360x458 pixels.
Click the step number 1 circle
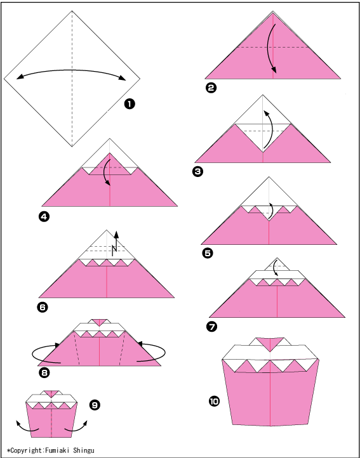click(x=130, y=104)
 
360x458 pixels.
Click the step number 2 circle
click(x=211, y=88)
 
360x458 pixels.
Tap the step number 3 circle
click(x=198, y=172)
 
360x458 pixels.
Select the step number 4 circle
click(x=44, y=216)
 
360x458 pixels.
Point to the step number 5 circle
click(x=208, y=253)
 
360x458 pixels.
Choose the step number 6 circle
click(x=43, y=307)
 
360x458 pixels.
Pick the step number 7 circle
click(x=212, y=327)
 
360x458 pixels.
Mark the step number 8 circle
click(x=44, y=372)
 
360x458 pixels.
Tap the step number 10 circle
click(x=214, y=402)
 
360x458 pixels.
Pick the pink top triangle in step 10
click(x=270, y=344)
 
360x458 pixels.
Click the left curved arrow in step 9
click(x=27, y=427)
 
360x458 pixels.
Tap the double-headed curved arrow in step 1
click(x=72, y=70)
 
